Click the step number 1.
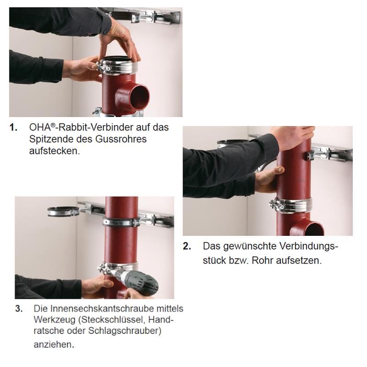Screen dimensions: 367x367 13,128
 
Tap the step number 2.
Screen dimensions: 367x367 187,246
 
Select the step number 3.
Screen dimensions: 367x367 19,309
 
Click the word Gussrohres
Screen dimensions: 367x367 121,139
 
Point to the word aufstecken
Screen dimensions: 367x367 55,151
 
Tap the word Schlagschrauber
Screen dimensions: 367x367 124,331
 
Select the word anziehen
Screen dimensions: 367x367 54,345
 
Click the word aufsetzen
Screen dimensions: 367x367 299,260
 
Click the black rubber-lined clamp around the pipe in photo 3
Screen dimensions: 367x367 122,222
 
